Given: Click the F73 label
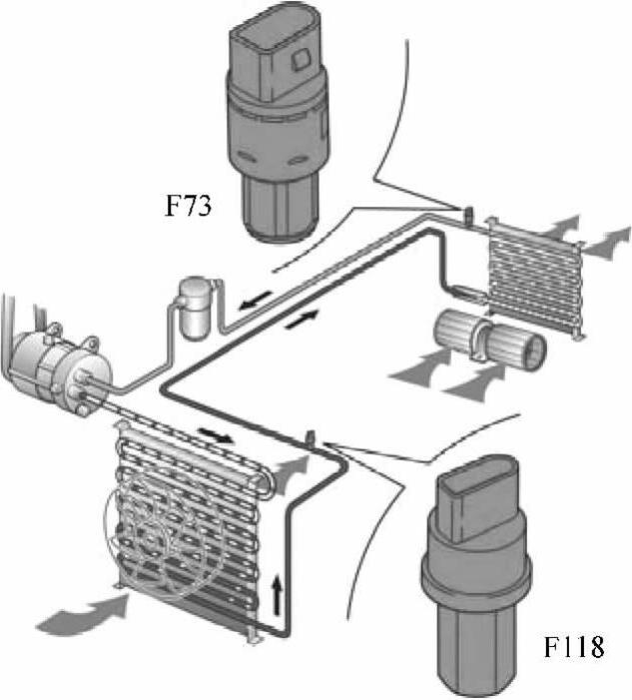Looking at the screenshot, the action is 188,207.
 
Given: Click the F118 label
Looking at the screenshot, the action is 574,646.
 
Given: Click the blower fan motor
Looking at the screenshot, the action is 490,343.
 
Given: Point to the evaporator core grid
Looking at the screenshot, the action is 535,276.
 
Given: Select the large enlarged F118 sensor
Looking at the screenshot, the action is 476,576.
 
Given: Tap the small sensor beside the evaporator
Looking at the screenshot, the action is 468,215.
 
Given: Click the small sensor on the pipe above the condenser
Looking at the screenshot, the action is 311,438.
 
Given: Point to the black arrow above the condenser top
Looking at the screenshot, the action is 216,434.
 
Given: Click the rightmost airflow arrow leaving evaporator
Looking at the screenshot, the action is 607,241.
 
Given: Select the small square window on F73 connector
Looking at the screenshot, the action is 301,59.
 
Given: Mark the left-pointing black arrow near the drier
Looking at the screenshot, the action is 255,300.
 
